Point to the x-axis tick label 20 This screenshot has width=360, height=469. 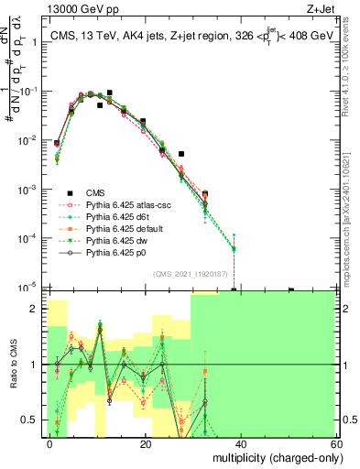(146, 443)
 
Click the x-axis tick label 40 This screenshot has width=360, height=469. (240, 443)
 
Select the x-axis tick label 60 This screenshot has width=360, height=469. (335, 443)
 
